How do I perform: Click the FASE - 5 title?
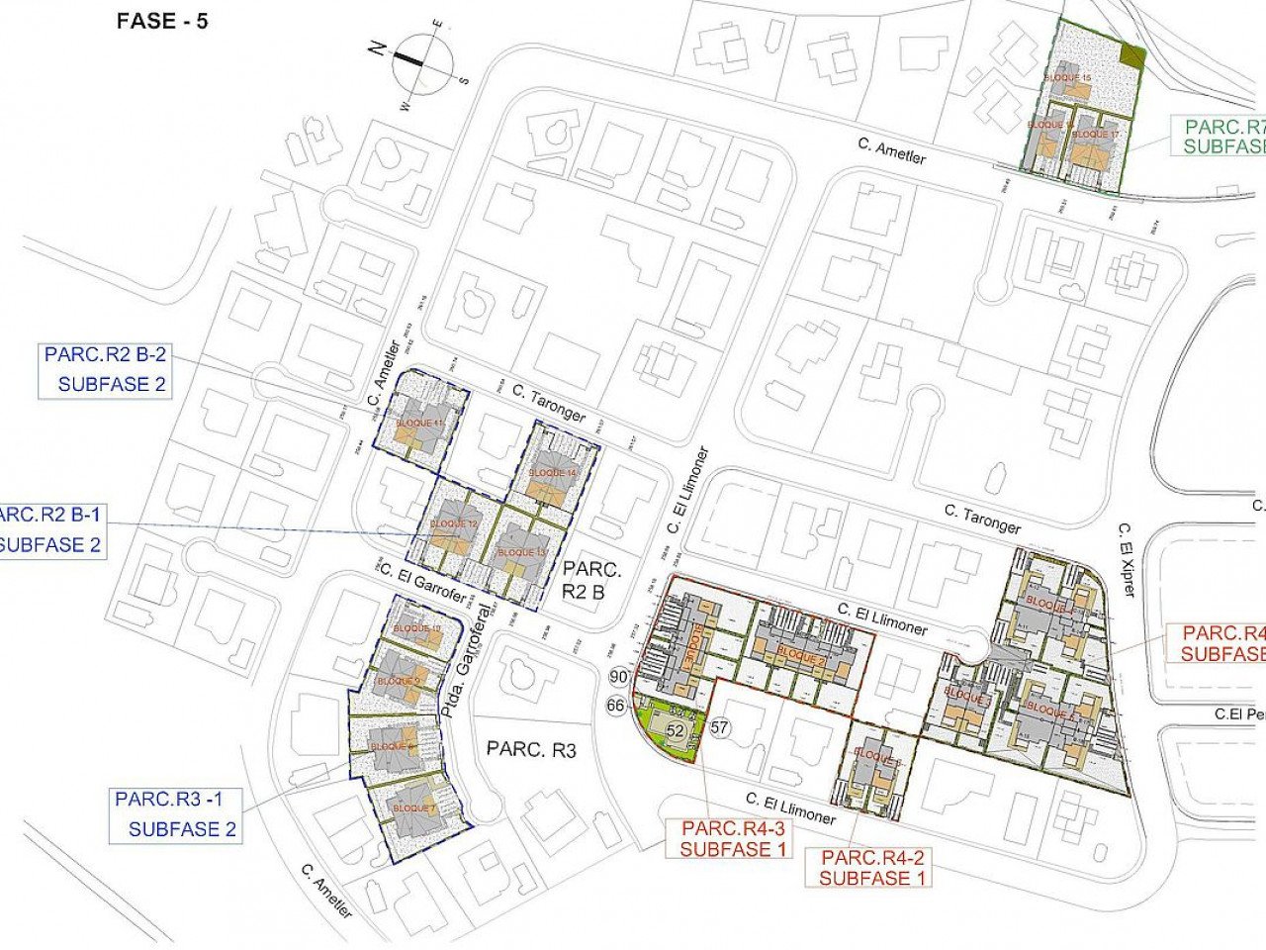point(162,21)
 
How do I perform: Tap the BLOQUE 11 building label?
point(417,424)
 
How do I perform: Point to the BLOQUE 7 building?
point(409,807)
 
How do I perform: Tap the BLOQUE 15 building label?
point(1068,77)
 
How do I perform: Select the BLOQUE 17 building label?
point(1096,134)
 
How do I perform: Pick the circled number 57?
point(719,727)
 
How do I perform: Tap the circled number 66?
point(616,706)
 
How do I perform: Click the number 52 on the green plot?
point(677,730)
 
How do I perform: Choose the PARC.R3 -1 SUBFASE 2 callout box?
point(176,814)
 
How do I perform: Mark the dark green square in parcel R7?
point(1133,57)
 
